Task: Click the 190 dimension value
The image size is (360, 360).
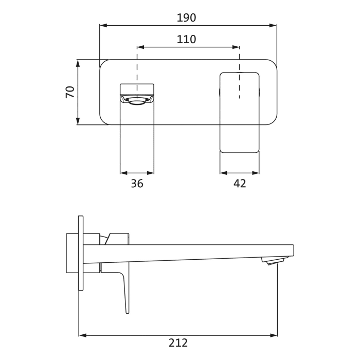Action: pos(186,18)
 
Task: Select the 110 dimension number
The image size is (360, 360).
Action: pos(186,40)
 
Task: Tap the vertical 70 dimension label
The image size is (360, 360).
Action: pos(70,92)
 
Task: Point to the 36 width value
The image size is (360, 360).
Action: pos(137,184)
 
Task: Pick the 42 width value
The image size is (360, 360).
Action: pos(240,184)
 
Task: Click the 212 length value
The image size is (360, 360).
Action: pos(178,343)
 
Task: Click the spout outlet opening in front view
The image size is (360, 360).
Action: pos(137,101)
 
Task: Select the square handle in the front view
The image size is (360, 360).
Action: pos(239,112)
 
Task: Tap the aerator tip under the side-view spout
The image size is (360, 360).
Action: pos(275,261)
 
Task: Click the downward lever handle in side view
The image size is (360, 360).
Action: pos(124,291)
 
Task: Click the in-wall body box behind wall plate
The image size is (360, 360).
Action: pos(72,253)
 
